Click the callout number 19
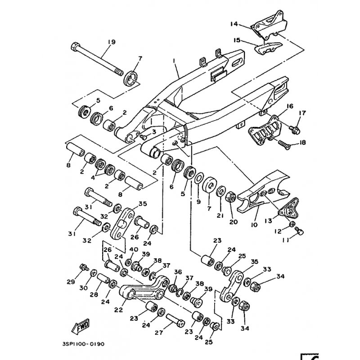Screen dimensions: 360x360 pyautogui.click(x=111, y=42)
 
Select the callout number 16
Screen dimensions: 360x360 pyautogui.click(x=289, y=106)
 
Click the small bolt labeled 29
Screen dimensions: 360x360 pyautogui.click(x=83, y=268)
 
